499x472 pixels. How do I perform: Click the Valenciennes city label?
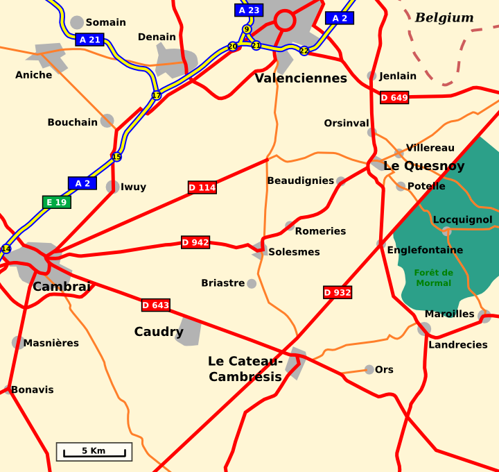pos(301,78)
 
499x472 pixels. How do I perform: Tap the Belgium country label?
pos(444,18)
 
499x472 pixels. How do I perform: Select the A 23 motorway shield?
pos(249,10)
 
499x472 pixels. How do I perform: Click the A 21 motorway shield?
pos(90,40)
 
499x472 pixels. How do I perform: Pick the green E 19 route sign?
pos(56,203)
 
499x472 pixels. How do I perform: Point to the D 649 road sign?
pos(394,98)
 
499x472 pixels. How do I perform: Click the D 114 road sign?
pos(202,187)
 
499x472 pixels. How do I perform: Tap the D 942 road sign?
pos(195,242)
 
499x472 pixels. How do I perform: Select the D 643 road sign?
pos(156,305)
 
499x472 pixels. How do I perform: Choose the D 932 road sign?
pos(338,292)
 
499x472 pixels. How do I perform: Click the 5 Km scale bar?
pos(94,452)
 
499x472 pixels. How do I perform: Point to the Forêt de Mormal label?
pos(434,278)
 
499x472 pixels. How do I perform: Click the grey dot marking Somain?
pos(77,22)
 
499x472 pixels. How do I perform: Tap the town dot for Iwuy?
pos(112,187)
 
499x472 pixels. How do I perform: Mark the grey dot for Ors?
pos(369,369)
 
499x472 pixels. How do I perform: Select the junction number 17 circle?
pos(157,95)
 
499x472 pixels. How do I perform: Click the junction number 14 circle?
pos(6,248)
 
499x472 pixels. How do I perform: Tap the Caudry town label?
pos(159,332)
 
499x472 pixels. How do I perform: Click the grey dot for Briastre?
pos(252,283)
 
